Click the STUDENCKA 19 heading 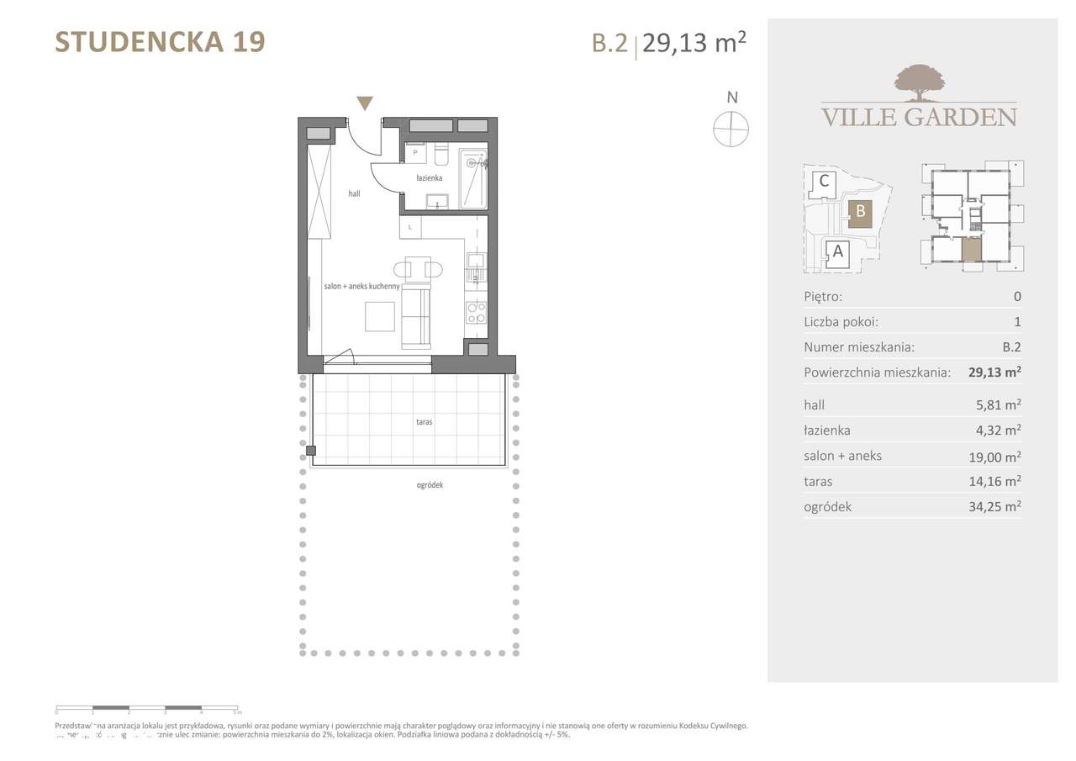[160, 41]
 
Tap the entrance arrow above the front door [364, 103]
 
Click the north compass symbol [731, 129]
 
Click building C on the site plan [824, 181]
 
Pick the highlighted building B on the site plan [860, 213]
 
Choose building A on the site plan [836, 251]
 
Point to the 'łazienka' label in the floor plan [429, 178]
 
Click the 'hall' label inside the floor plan [355, 193]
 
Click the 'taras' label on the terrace [424, 422]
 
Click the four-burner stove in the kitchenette [476, 313]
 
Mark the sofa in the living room [415, 315]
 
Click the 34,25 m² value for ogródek [995, 507]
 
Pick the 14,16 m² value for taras [995, 482]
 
